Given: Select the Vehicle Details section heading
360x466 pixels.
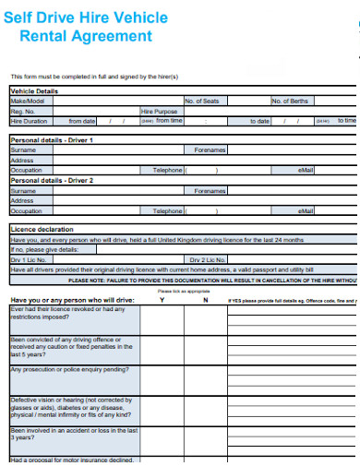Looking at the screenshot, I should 33,91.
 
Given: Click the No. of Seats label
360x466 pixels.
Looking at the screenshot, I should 201,101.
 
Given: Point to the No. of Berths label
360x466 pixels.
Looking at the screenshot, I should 290,101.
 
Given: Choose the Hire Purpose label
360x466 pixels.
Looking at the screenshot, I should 159,111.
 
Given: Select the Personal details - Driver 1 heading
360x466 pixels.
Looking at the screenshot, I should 52,139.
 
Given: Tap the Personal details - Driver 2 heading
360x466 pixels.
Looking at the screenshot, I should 52,180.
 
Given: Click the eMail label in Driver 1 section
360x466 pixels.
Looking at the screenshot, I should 306,170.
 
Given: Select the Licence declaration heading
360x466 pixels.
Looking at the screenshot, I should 42,229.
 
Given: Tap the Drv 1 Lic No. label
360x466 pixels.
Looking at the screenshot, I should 29,259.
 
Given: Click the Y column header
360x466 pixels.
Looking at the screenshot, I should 162,300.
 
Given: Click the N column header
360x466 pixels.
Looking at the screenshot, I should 205,300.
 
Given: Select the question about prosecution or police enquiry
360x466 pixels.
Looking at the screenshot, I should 69,369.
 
